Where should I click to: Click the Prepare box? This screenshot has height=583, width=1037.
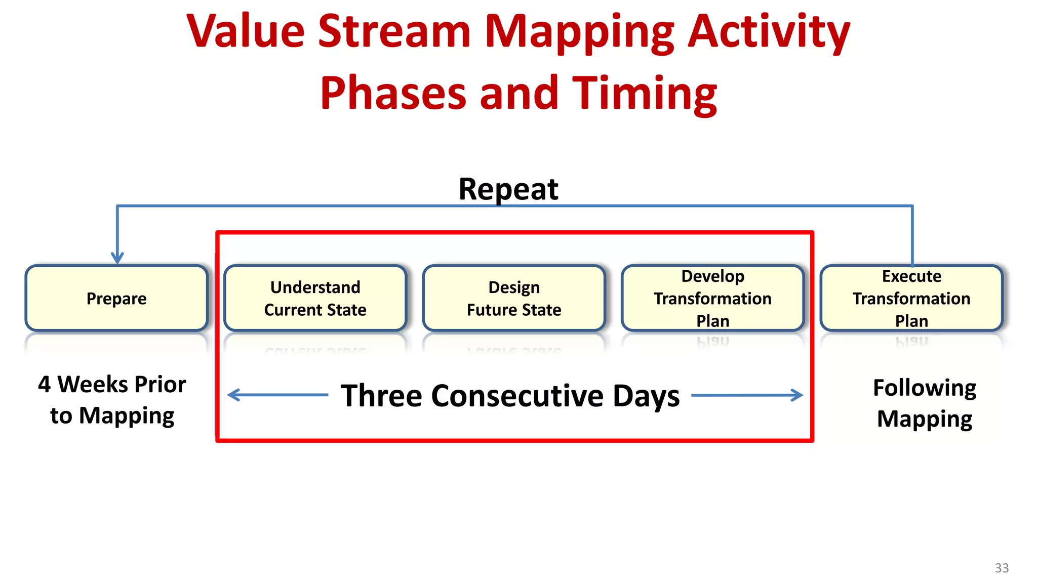(116, 298)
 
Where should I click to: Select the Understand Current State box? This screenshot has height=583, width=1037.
(315, 298)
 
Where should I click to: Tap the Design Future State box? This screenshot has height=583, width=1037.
(514, 298)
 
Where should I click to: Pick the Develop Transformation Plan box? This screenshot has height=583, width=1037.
(712, 298)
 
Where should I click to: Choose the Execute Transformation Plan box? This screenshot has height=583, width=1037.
(911, 298)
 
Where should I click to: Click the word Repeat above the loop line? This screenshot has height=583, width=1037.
(508, 189)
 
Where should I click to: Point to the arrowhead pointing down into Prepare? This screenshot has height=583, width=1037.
(117, 258)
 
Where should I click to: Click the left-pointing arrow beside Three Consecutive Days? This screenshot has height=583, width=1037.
(277, 395)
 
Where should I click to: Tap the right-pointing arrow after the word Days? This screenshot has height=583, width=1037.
(747, 395)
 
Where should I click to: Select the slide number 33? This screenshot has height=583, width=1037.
(1002, 568)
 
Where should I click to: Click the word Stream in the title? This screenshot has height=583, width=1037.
(394, 31)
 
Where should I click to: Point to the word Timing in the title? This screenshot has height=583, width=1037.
(645, 93)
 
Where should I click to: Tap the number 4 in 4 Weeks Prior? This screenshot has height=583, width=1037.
(44, 385)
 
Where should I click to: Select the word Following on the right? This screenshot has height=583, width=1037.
(925, 388)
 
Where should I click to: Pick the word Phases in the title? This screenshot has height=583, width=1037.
(393, 93)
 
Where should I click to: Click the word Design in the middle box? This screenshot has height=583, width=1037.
(514, 287)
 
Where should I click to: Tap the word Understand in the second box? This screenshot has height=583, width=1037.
(315, 287)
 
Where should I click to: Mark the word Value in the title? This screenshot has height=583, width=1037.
(246, 31)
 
